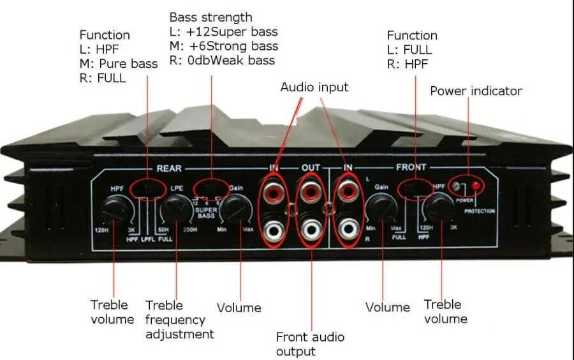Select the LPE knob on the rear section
[x=173, y=208]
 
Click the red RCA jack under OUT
[x=311, y=191]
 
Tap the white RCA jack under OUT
[x=311, y=229]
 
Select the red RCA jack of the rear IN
[x=274, y=191]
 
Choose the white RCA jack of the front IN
[x=348, y=229]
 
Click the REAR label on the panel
[x=169, y=169]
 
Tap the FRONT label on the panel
[x=411, y=168]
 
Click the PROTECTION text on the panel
[x=480, y=211]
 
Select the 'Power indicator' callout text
[x=476, y=91]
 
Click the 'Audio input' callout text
[x=314, y=87]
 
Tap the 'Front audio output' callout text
[x=310, y=344]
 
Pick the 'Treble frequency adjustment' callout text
[x=179, y=320]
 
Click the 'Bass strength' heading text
[x=210, y=17]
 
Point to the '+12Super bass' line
[x=223, y=32]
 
